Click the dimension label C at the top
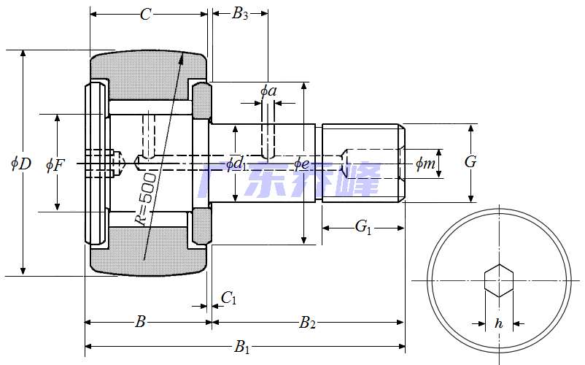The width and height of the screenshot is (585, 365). coord(145,15)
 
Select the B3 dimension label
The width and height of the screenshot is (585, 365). coord(240,14)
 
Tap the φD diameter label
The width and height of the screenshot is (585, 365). coord(21,163)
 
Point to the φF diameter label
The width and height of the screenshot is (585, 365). coord(55,164)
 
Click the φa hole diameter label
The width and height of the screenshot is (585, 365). coord(268,91)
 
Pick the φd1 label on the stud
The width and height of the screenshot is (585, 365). coord(235,164)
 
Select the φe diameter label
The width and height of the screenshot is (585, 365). coord(302,163)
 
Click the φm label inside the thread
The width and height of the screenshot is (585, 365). coord(425,164)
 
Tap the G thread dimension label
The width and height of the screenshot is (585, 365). coord(470,162)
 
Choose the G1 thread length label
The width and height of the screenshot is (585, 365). coord(363,228)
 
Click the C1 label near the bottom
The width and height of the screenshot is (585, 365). coord(229,297)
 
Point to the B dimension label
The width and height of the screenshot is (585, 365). coord(142,321)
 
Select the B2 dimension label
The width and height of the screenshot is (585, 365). coord(308,322)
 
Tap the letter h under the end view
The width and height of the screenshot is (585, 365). coord(499,323)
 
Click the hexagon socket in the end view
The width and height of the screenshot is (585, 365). coord(499,280)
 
